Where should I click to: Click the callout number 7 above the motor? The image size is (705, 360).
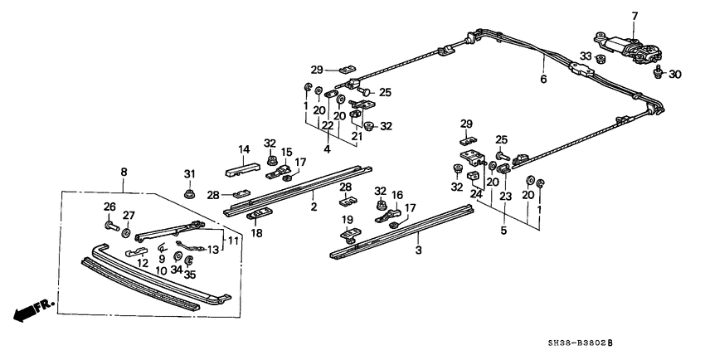coord(634,17)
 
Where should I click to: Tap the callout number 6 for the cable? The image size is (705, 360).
coord(543,80)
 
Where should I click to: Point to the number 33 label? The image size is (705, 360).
coord(586,56)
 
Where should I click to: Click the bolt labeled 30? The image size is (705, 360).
coord(658,72)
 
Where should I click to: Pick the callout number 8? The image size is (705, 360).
coord(124,172)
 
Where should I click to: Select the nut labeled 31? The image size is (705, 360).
coord(189,194)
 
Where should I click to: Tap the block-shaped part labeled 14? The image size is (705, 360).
coord(242,169)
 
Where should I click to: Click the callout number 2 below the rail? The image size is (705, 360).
coord(314,207)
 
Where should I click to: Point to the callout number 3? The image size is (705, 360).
coord(419,250)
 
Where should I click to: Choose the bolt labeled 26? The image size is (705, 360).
coord(111,225)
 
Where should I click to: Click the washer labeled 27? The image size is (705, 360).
coord(125,233)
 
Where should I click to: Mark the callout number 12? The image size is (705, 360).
coord(143,264)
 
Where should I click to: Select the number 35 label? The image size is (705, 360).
coord(190,275)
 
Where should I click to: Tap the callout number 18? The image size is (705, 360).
coord(257,233)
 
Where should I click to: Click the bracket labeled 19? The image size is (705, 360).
coord(350,236)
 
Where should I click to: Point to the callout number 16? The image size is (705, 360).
coord(397,195)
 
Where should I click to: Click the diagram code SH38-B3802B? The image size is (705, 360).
coord(580,343)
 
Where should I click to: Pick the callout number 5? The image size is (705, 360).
coord(503,231)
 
